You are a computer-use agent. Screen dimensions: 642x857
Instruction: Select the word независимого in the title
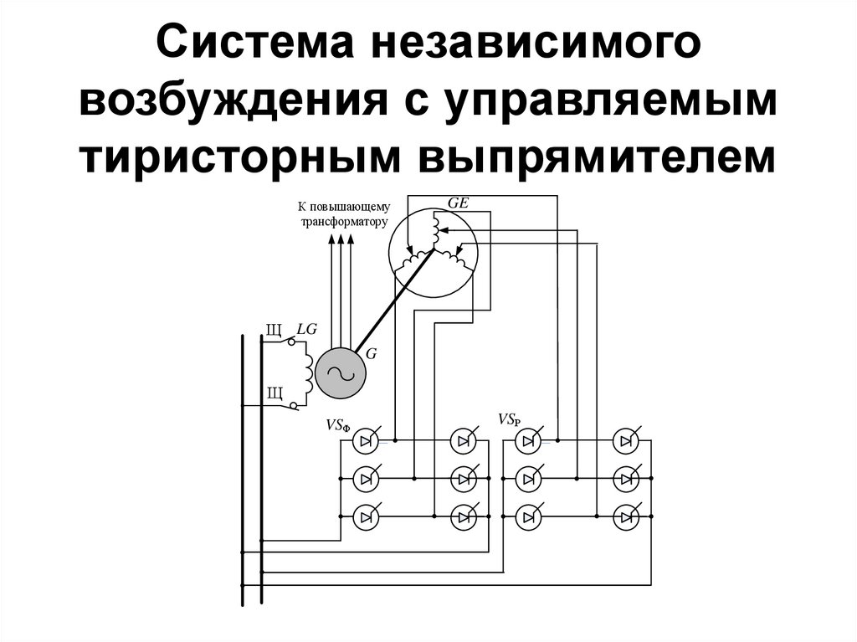click(x=531, y=49)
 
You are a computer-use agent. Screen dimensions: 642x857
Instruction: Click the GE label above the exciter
click(x=459, y=203)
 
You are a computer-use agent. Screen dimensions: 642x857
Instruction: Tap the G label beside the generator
click(x=371, y=354)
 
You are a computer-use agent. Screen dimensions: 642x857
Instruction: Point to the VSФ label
click(x=337, y=425)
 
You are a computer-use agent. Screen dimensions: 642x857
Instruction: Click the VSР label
click(x=509, y=419)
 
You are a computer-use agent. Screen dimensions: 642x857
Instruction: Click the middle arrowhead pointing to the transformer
click(x=341, y=240)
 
